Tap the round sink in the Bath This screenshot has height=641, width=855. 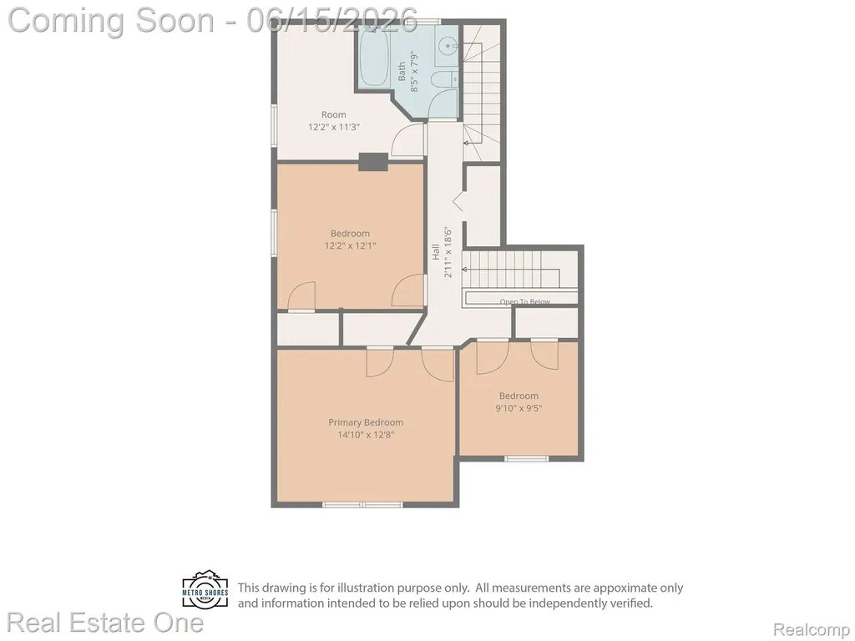(448, 47)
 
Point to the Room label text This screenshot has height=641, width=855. (334, 114)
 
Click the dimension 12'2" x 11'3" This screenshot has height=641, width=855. (334, 127)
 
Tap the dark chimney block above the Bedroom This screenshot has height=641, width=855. (373, 162)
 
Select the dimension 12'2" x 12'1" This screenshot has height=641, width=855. (350, 246)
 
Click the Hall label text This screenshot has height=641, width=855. (436, 251)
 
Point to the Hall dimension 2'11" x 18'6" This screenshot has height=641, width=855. (448, 252)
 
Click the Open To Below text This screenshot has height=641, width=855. (525, 301)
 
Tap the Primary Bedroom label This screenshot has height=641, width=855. (366, 422)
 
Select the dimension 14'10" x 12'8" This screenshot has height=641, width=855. (366, 435)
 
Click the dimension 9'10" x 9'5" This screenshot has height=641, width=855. (519, 408)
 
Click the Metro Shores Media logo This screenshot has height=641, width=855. (205, 590)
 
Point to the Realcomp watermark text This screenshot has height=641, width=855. (812, 629)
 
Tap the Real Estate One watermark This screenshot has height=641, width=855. (105, 623)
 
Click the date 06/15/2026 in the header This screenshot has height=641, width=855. (332, 20)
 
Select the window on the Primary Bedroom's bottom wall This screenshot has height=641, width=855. (362, 505)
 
